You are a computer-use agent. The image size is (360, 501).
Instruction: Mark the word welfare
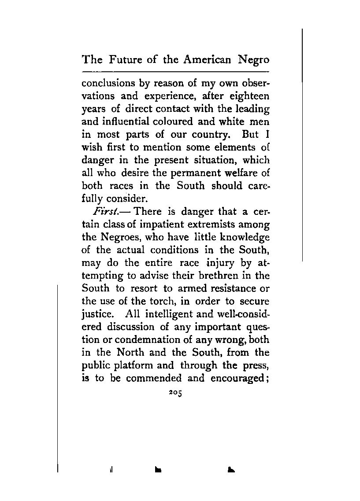tap(242, 173)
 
